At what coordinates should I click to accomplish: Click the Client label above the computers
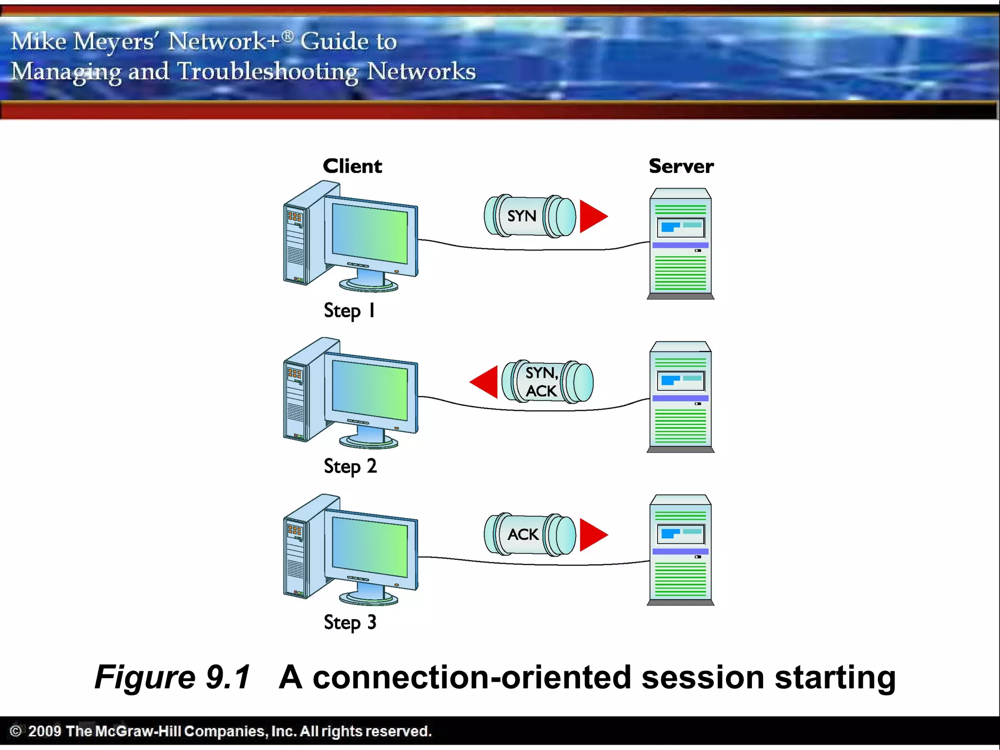click(352, 166)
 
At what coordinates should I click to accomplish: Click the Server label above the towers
click(681, 166)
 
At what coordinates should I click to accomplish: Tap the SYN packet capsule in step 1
click(529, 216)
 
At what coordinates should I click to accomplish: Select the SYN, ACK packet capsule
click(548, 382)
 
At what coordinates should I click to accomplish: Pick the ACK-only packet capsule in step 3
click(529, 534)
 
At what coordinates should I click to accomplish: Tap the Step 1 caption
click(349, 311)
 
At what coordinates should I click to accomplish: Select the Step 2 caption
click(350, 466)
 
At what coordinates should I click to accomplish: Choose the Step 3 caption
click(350, 623)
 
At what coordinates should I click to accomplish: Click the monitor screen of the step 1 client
click(370, 233)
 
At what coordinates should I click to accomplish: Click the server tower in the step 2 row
click(680, 396)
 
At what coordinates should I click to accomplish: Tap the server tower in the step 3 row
click(680, 550)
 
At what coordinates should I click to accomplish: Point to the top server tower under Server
click(680, 243)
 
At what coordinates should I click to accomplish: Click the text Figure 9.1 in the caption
click(172, 677)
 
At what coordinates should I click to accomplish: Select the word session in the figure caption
click(703, 678)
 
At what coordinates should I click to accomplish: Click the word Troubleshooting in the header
click(268, 72)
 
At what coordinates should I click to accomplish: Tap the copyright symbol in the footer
click(16, 731)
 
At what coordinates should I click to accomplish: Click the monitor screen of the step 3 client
click(370, 547)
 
